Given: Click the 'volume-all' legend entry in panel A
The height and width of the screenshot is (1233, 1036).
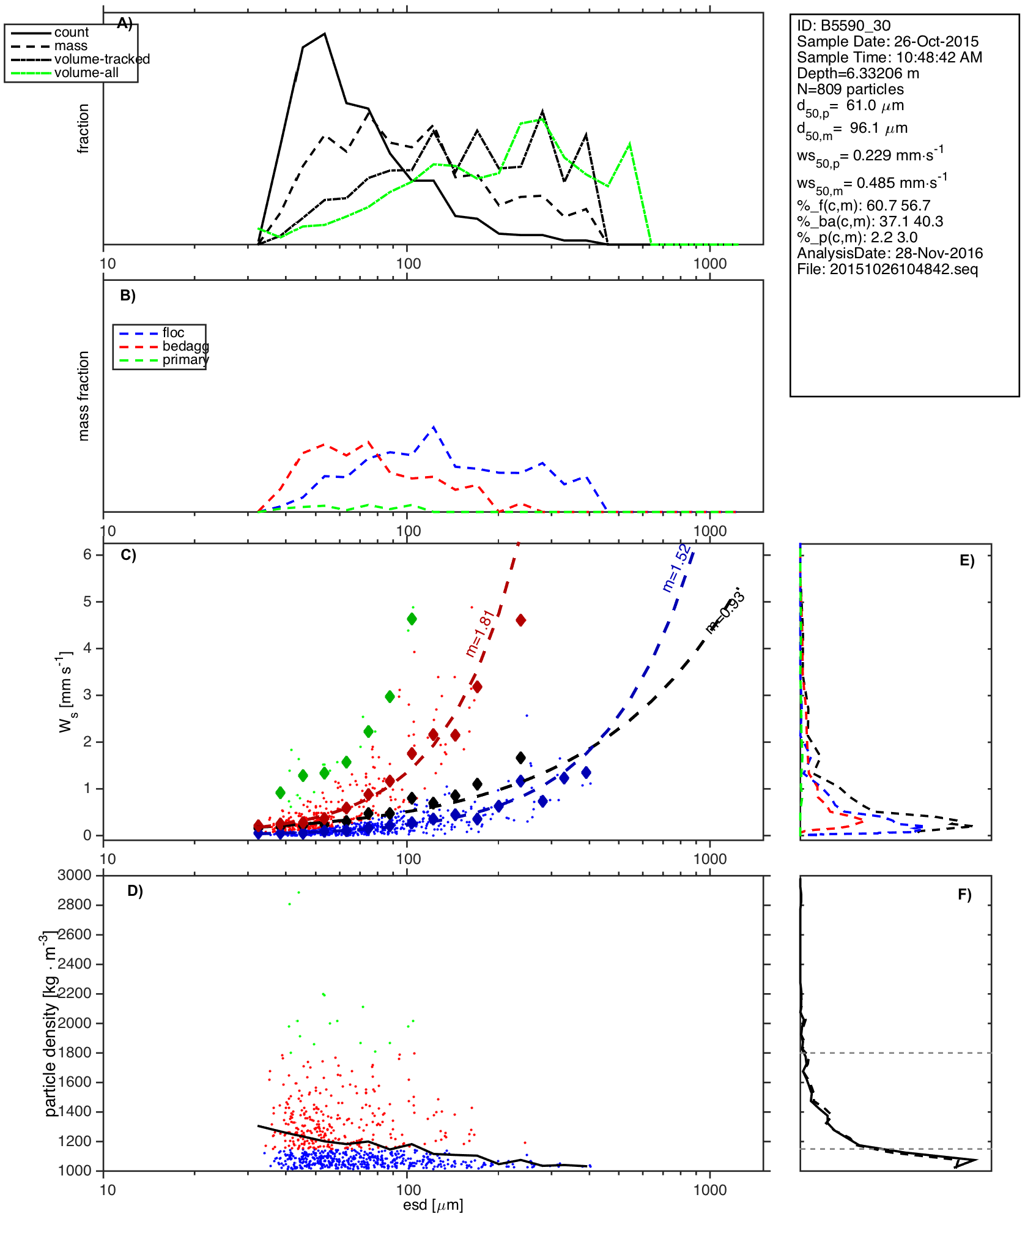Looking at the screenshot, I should (86, 73).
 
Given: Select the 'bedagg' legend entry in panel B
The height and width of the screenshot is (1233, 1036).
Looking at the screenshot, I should (185, 346).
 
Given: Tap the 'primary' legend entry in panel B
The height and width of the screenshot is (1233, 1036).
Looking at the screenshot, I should (185, 360).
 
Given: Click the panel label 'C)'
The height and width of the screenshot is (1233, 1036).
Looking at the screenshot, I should (128, 555).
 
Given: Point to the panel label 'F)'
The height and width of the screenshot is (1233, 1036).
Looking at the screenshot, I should (964, 895).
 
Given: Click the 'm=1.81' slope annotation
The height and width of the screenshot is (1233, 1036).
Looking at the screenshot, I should (479, 633).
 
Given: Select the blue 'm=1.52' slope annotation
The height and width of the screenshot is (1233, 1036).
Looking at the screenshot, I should (678, 567).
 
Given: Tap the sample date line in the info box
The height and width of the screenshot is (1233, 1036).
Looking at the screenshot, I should (887, 42).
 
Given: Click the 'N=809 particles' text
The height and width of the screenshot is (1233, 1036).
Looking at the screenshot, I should (850, 89).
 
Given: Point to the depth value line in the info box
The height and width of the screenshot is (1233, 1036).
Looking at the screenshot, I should (857, 73).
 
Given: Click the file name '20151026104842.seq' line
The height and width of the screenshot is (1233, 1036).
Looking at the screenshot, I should (887, 269).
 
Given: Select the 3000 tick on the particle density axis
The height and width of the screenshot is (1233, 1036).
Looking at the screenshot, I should (75, 875).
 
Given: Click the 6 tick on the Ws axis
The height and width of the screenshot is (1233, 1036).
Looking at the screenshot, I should (88, 554).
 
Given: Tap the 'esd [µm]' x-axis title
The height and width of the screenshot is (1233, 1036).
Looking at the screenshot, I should (433, 1205).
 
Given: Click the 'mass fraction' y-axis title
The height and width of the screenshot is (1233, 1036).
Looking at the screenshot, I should (84, 396).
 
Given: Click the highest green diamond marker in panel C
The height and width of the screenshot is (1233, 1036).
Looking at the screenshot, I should (412, 619).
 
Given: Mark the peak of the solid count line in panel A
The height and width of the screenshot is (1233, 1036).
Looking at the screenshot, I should (325, 34).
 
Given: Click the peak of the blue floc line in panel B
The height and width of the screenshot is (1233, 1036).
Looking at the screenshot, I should (434, 427).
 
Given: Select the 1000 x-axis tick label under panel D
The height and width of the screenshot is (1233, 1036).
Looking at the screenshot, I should (710, 1190).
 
